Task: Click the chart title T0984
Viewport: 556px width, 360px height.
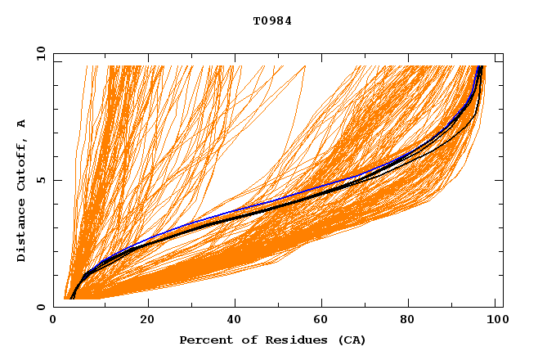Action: (x=272, y=21)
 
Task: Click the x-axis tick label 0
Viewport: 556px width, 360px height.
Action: (x=54, y=320)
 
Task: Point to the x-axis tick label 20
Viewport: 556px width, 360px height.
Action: (x=147, y=320)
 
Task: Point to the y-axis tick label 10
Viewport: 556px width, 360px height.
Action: (x=40, y=54)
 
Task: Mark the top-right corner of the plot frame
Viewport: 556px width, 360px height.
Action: (x=503, y=54)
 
